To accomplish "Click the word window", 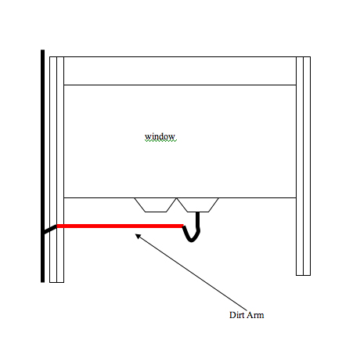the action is [x=160, y=136].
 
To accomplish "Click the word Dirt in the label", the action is [x=236, y=315].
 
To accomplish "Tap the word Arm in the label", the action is [x=255, y=315].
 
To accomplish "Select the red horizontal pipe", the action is [x=120, y=226].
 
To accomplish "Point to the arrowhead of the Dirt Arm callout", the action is [x=138, y=236].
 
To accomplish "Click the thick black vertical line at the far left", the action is [x=42, y=166].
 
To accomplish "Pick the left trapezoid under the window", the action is [x=156, y=205].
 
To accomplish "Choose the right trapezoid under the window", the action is [x=198, y=205].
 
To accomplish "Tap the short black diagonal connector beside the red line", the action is [x=50, y=229].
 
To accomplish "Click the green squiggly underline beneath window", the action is [x=160, y=140].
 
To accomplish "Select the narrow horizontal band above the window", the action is [x=180, y=71].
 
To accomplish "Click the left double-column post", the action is [x=56, y=169].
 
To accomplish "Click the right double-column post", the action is [x=303, y=166].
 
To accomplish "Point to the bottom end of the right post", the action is [x=303, y=275].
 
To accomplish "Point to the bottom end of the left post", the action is [x=56, y=282].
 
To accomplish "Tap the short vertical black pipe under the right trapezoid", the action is [x=198, y=220].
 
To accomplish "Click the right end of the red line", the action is [x=183, y=226].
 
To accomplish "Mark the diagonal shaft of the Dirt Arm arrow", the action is [x=192, y=273].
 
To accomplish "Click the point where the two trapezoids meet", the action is [x=177, y=198].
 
